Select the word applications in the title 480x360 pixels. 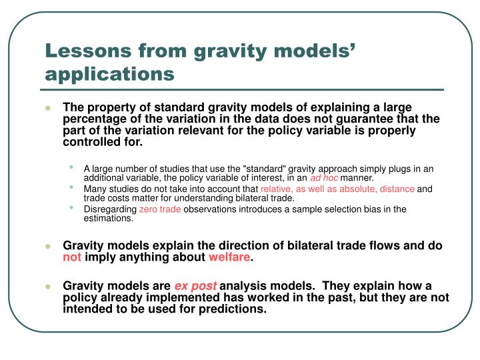pos(109,72)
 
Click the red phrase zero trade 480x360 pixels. pos(159,209)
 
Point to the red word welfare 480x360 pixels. pos(230,257)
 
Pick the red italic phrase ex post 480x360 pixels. pos(195,286)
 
